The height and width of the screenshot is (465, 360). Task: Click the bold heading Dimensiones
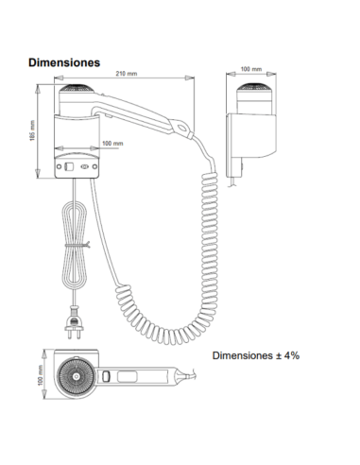[64, 62]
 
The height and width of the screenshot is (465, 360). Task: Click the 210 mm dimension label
[127, 74]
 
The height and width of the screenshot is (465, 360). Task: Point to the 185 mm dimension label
[32, 130]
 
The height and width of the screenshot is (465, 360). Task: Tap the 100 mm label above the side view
[251, 69]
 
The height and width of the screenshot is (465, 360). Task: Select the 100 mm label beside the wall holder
[112, 144]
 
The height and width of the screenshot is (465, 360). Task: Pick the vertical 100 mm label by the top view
[41, 375]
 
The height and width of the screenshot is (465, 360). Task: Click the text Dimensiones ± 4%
[256, 355]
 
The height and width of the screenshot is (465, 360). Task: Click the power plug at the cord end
[74, 323]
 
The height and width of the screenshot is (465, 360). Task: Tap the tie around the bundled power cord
[77, 245]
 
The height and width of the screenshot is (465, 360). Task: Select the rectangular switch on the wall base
[69, 166]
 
